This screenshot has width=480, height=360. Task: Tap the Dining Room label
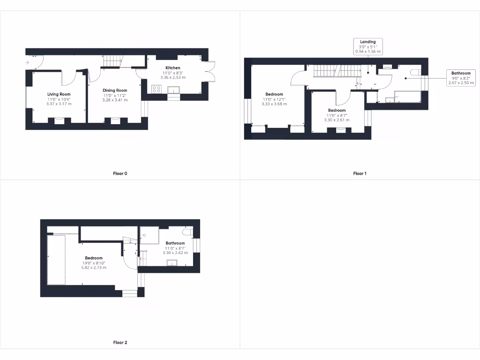click(115, 90)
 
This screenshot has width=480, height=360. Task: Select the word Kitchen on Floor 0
click(172, 68)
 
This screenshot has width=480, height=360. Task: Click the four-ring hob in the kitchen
click(157, 89)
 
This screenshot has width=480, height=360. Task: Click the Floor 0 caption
click(120, 173)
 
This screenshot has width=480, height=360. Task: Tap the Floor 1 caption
click(360, 173)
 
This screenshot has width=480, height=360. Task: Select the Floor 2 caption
click(120, 343)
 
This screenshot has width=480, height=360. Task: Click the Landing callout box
click(367, 47)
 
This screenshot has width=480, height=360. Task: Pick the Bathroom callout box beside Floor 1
click(461, 78)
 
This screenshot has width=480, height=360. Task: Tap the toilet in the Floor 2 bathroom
click(188, 232)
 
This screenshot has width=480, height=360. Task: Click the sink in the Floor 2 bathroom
click(173, 262)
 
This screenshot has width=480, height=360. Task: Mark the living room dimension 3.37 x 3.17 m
click(59, 104)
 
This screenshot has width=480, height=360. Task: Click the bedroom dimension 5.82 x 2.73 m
click(94, 268)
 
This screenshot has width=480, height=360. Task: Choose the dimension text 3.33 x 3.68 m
click(274, 104)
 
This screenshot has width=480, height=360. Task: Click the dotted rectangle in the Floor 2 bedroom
click(56, 260)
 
